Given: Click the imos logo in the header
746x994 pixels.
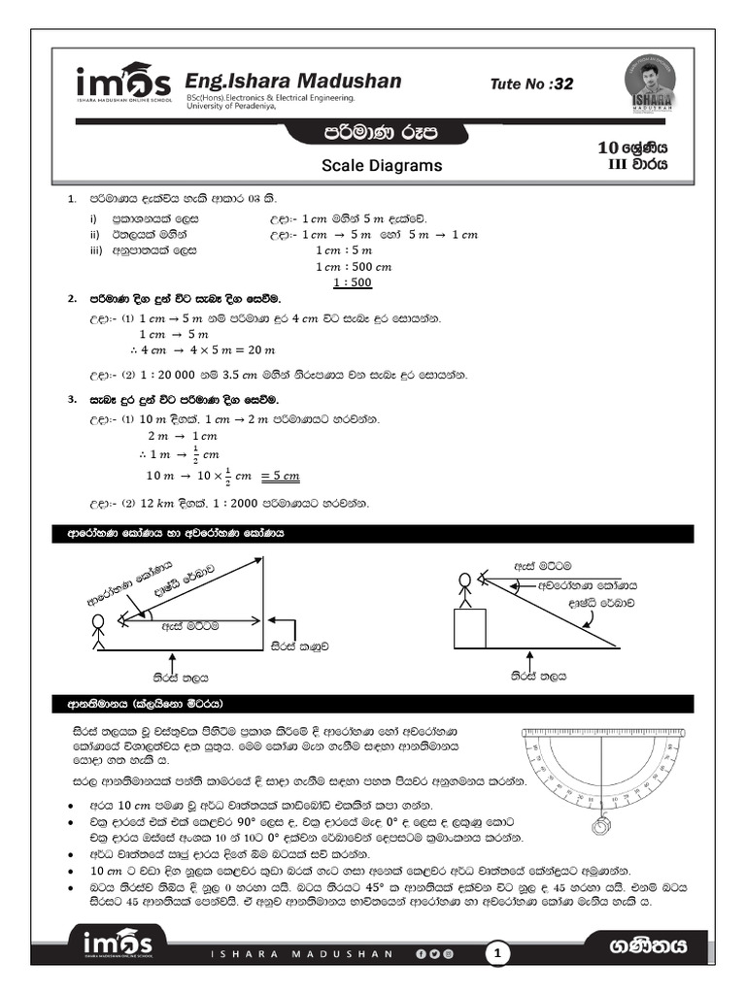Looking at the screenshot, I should [x=122, y=83].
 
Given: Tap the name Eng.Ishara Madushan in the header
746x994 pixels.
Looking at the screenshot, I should [x=292, y=81].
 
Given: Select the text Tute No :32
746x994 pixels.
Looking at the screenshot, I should [x=532, y=84].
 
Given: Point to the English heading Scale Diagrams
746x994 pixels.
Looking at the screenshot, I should [x=382, y=166].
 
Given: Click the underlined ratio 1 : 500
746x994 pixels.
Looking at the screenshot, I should [x=352, y=283].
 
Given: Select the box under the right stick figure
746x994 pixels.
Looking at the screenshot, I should [x=470, y=628].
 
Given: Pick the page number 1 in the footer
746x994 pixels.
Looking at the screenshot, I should [x=498, y=954].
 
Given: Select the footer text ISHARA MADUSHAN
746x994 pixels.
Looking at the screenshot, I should [x=302, y=955].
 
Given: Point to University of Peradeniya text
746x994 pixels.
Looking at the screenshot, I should [x=231, y=107].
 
